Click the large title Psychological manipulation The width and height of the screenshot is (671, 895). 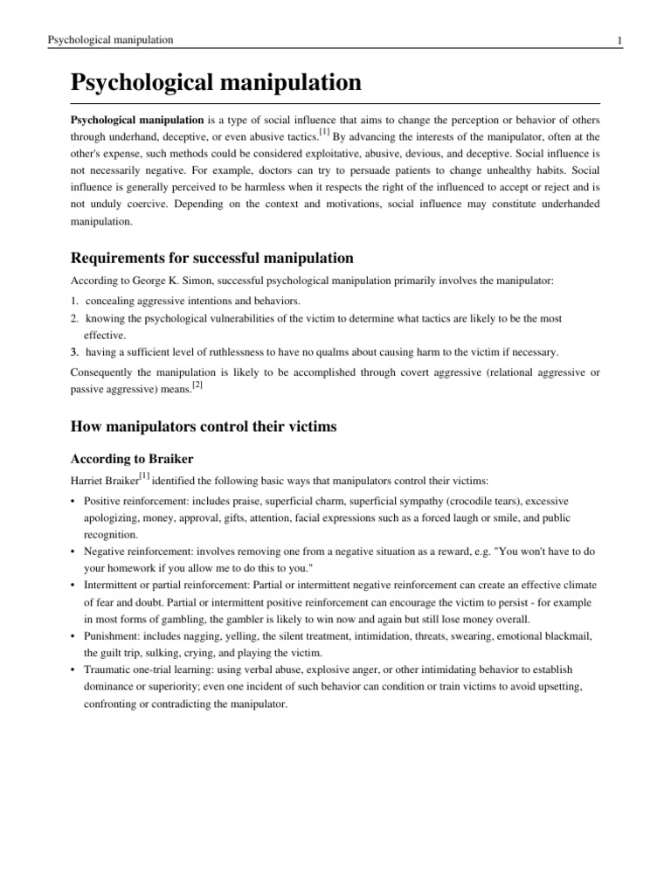click(215, 83)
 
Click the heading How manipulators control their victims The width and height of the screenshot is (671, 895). click(203, 427)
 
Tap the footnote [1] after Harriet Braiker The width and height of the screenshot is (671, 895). click(143, 475)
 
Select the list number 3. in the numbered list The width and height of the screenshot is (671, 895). click(76, 352)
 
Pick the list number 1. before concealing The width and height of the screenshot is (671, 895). click(76, 301)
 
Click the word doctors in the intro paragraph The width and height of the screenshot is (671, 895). click(273, 170)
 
